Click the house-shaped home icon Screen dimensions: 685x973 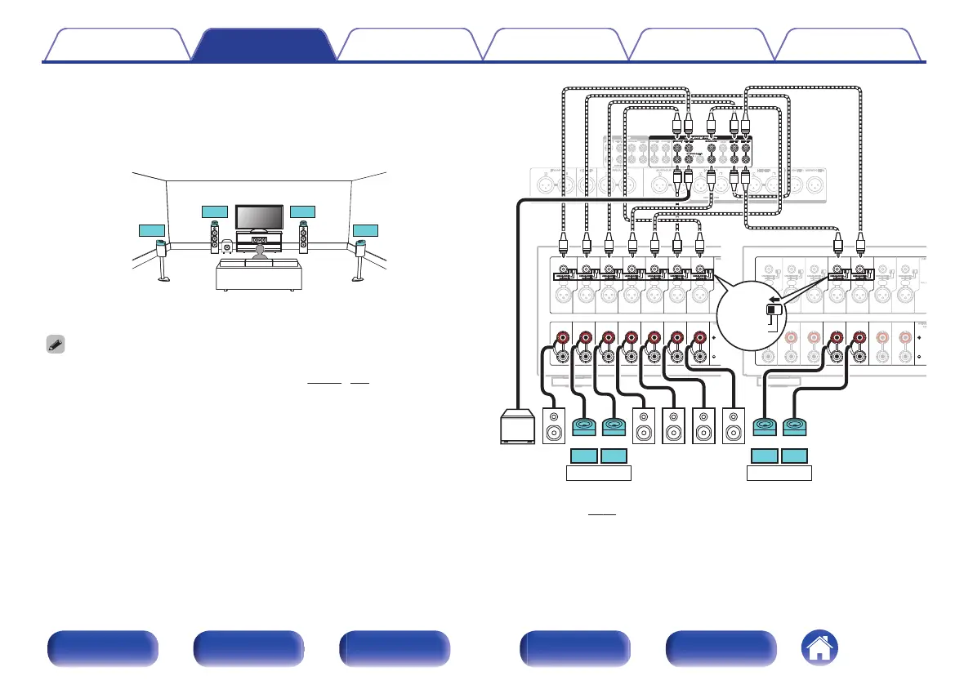coord(821,650)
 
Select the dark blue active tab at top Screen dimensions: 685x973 coord(265,46)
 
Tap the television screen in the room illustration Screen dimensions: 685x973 coord(259,217)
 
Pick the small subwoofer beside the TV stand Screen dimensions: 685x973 coord(226,245)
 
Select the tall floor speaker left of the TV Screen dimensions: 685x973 coord(215,237)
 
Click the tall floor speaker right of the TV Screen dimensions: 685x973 coord(303,237)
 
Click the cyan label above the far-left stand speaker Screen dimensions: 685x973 coord(151,229)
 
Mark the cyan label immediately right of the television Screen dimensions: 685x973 coord(302,211)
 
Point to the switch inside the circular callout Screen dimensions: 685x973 coord(773,309)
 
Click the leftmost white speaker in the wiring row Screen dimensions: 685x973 coord(554,426)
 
